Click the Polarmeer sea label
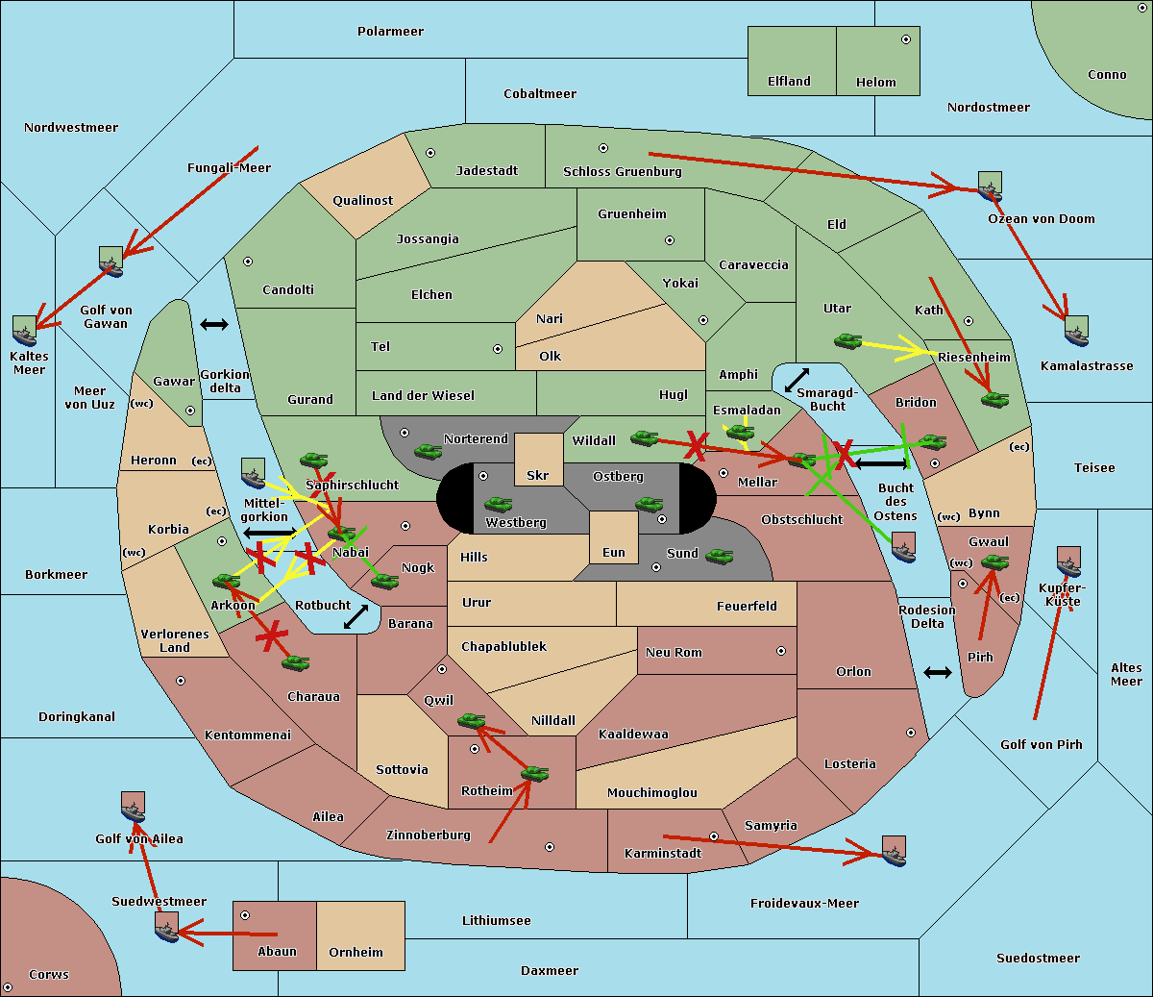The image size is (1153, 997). click(x=390, y=32)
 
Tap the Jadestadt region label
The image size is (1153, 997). click(x=487, y=171)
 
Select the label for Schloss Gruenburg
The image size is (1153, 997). click(x=623, y=171)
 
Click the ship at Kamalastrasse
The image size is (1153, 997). click(x=1076, y=331)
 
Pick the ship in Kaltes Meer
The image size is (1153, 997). click(x=25, y=331)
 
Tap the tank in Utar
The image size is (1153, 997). click(x=847, y=341)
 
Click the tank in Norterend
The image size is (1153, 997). click(x=428, y=452)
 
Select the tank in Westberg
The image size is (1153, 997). click(x=498, y=505)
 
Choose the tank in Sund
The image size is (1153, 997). click(x=719, y=556)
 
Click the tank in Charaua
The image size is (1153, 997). click(x=295, y=663)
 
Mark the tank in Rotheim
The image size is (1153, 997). click(x=535, y=774)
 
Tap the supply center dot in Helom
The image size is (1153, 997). click(x=906, y=39)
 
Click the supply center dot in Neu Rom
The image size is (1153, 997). click(x=781, y=651)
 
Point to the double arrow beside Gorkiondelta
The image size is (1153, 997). click(x=214, y=324)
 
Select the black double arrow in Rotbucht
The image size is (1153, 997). click(x=356, y=616)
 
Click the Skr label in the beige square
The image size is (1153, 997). click(x=538, y=475)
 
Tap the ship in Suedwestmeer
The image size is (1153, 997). click(x=167, y=927)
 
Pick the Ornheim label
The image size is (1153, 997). click(x=356, y=953)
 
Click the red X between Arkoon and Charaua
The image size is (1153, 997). click(x=272, y=636)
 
